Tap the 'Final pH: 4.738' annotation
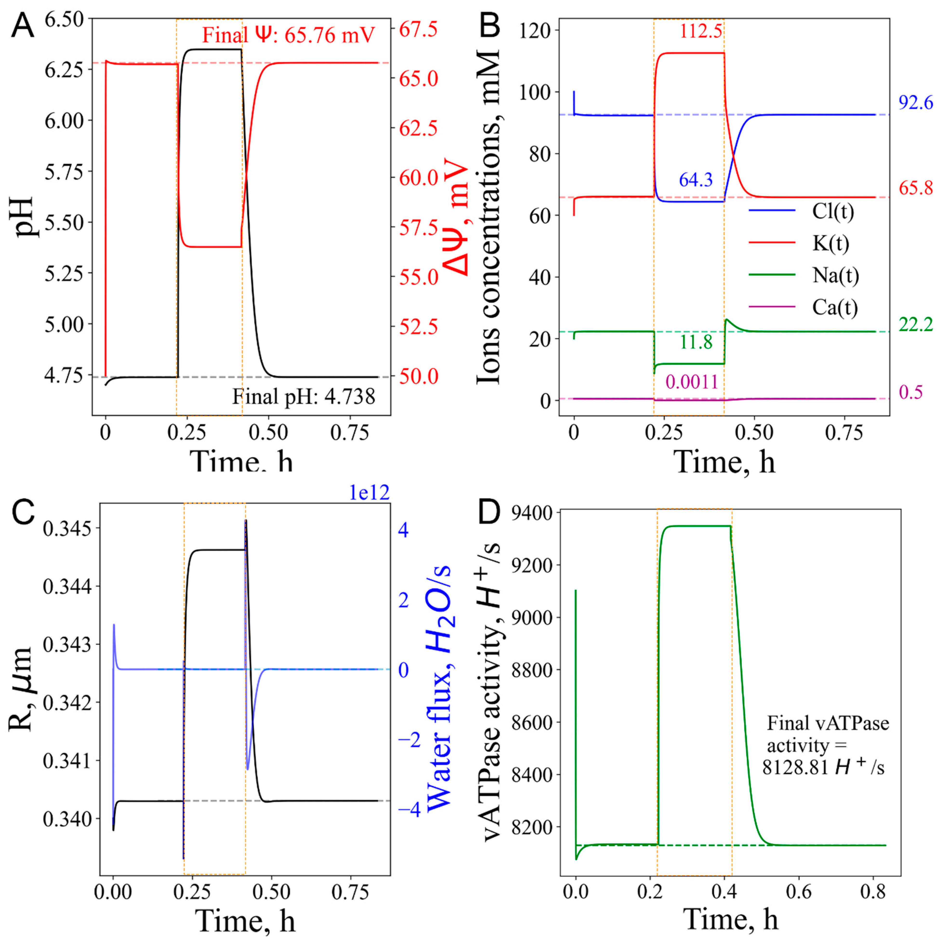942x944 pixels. pyautogui.click(x=303, y=396)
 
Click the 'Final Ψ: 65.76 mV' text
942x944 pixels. pyautogui.click(x=289, y=35)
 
